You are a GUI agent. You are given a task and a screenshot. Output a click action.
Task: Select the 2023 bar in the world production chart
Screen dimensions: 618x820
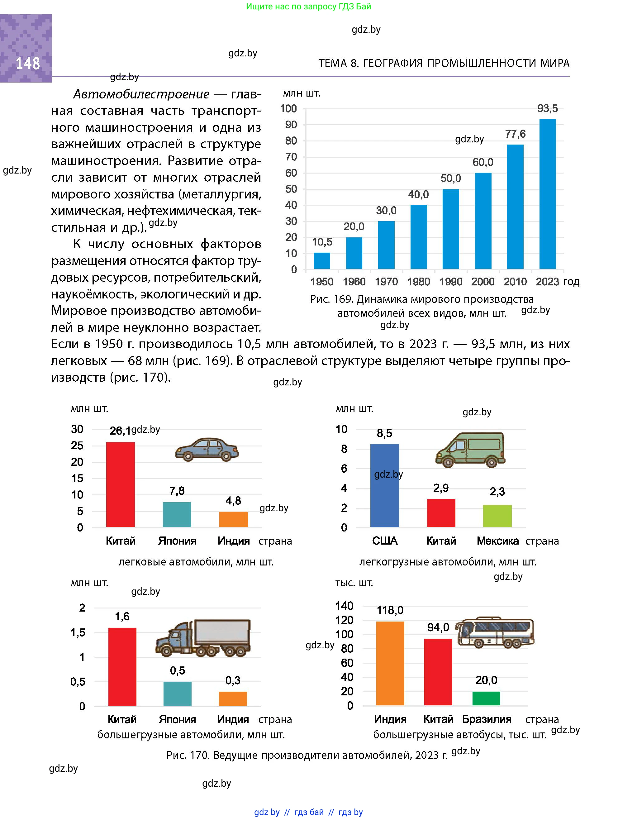coord(547,194)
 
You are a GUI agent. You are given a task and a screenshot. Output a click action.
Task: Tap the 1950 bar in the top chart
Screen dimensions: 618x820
coord(322,260)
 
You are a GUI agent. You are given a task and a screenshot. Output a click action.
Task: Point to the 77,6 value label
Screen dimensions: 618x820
coord(515,134)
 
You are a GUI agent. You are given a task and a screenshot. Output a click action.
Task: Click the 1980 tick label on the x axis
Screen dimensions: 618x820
coord(418,282)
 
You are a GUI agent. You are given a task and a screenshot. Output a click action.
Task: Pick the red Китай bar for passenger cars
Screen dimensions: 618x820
coord(120,484)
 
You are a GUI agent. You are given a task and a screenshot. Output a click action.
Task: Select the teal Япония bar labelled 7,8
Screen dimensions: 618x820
coord(177,515)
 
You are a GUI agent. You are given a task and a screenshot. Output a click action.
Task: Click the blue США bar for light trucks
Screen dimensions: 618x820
coord(384,485)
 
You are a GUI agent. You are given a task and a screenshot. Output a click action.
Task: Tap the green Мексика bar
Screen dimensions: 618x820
coord(497,516)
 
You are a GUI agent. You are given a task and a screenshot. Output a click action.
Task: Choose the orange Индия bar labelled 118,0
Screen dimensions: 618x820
coord(390,663)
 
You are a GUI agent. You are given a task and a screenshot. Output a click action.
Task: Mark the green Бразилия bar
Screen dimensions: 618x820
coord(486,698)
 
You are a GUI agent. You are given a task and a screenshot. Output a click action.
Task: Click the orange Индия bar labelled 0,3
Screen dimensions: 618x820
coord(233,698)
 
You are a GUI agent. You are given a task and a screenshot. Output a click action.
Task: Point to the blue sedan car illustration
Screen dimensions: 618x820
coord(207,449)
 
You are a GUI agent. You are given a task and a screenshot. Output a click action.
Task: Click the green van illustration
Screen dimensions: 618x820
coord(470,449)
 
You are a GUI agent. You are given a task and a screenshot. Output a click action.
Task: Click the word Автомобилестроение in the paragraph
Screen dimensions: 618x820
coord(141,94)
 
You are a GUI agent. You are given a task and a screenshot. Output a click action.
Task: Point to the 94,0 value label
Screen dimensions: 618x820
coord(438,627)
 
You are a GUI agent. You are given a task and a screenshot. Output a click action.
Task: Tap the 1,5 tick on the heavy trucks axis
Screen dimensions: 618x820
coord(78,632)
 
